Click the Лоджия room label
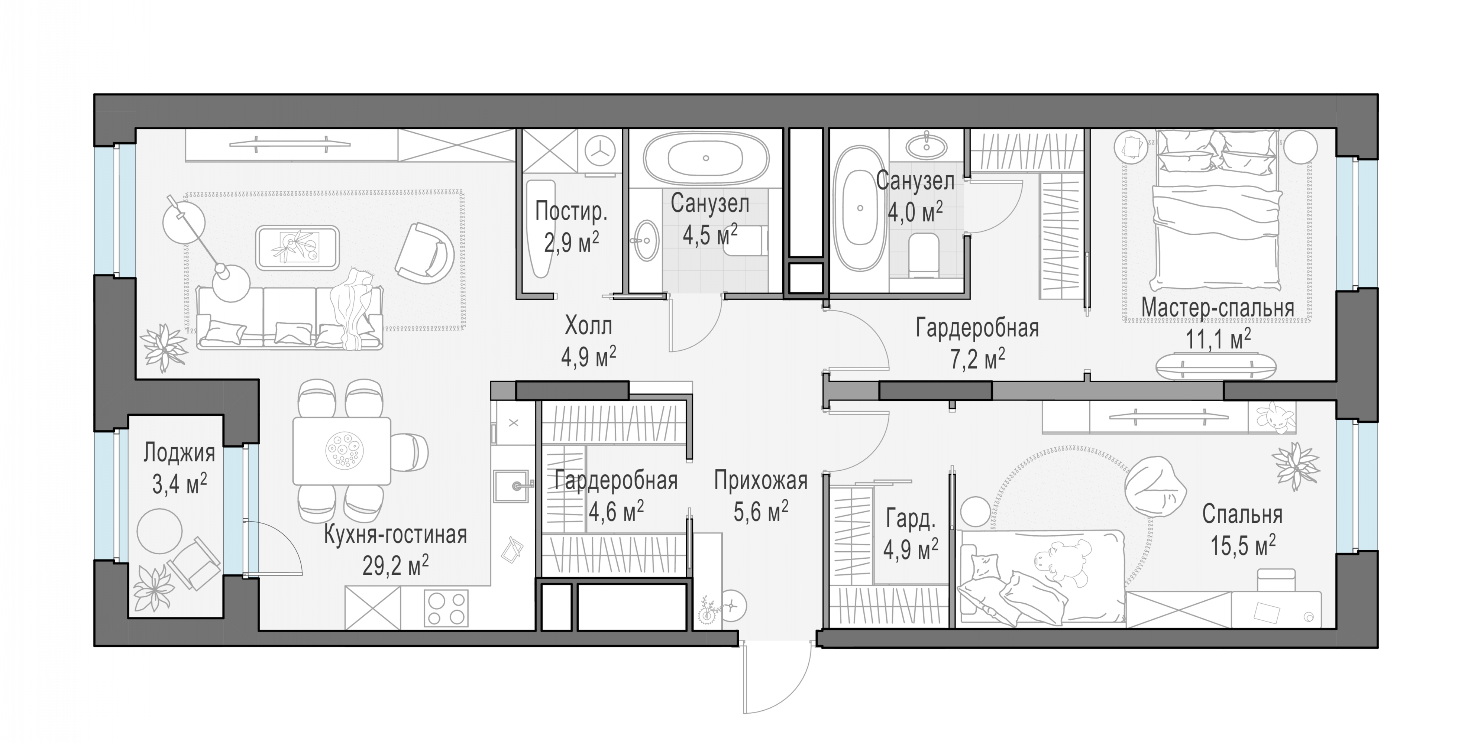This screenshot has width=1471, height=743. (x=179, y=453)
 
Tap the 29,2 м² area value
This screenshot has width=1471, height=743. (x=396, y=566)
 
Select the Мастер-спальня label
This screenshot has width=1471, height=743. (x=1218, y=308)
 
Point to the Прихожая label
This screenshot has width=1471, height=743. (x=761, y=481)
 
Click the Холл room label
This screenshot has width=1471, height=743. (x=588, y=326)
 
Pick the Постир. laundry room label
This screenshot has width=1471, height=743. (x=571, y=212)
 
